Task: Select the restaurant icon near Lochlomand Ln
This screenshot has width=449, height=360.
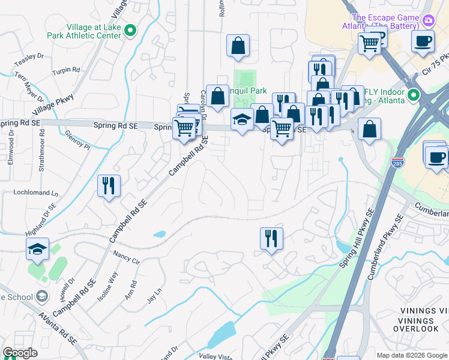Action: (x=109, y=185)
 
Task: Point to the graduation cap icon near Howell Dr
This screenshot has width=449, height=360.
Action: (x=37, y=249)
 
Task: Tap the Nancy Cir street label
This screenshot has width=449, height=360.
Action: (x=126, y=258)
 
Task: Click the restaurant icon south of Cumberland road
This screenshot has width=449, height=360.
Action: (x=271, y=238)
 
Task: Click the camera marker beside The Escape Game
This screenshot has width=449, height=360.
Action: (x=429, y=22)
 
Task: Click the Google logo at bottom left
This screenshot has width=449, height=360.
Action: (x=20, y=353)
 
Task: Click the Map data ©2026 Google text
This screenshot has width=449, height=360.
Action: (x=411, y=355)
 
